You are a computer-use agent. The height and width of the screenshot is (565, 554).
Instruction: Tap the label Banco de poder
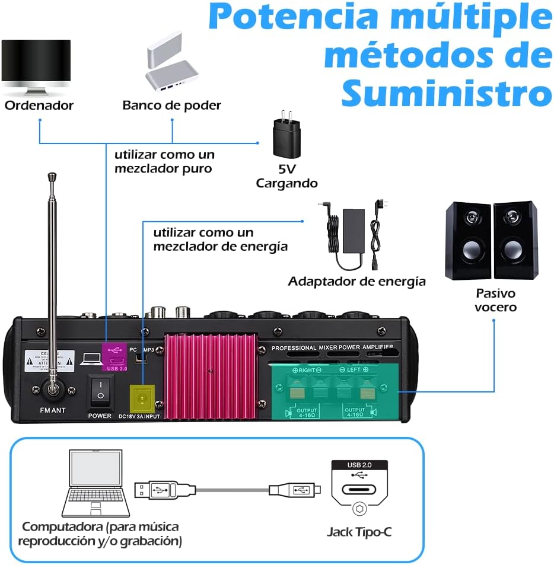coord(171,106)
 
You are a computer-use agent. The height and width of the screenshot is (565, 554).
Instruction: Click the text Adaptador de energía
coord(356,281)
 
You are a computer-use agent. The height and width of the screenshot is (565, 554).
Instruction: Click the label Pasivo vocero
coord(496,300)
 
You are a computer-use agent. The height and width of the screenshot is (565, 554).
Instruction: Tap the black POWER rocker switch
coord(100,391)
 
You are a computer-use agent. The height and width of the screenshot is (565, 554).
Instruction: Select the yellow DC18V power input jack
coord(142,396)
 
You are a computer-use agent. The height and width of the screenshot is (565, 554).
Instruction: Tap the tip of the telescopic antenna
coord(52,176)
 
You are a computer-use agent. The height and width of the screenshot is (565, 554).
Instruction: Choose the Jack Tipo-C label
coord(359,532)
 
